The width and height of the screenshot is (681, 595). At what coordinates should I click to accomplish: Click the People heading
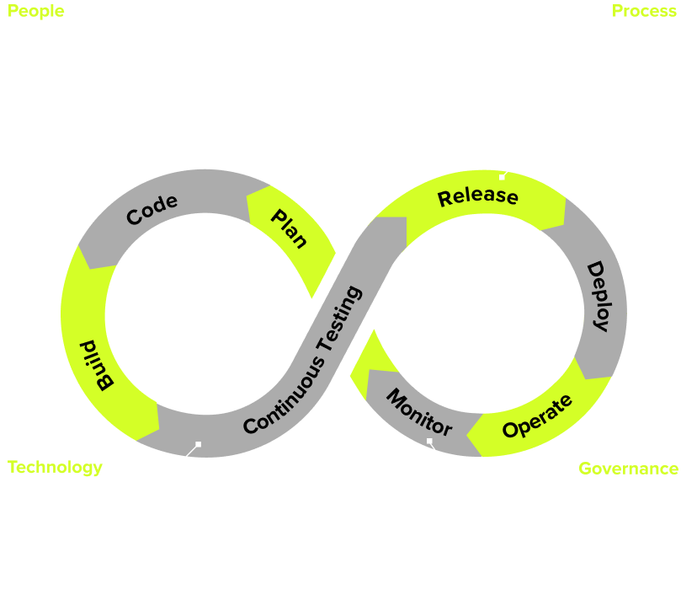point(35,12)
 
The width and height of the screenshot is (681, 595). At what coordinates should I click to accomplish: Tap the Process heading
point(644,11)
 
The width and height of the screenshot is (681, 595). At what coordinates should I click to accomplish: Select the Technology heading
point(55,467)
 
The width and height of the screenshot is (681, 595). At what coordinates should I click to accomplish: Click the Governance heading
point(628,469)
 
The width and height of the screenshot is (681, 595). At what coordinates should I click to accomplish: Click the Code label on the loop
point(152,209)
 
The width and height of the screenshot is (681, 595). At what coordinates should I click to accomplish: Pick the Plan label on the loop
point(289,228)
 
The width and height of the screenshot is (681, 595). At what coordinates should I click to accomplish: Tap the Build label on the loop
point(97,365)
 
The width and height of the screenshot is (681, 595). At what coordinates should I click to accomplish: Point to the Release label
point(477,196)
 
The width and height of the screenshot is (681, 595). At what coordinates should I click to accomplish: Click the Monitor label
point(418,412)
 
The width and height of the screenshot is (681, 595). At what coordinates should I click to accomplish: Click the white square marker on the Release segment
point(502,177)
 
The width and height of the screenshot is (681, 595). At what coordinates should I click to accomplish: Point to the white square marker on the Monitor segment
point(429,441)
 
